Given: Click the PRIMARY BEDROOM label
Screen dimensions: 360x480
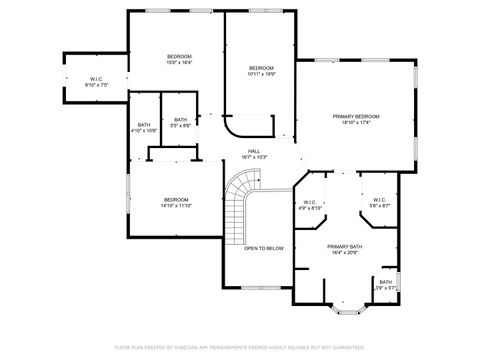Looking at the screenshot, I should (356, 117).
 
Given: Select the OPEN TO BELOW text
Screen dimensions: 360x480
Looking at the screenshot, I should (265, 248).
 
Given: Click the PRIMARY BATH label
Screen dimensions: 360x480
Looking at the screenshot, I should (345, 246).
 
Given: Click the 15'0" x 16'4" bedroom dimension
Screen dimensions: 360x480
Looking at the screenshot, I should (179, 62).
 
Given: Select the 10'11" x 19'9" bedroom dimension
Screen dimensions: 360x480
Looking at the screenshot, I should (261, 73).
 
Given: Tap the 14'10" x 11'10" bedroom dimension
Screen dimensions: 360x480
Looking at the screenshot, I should (177, 206).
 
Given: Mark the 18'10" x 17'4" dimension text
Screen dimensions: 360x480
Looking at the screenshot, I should (356, 123).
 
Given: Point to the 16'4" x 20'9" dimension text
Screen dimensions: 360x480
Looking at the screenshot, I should (345, 252).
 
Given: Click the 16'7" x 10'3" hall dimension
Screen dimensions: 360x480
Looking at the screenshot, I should (255, 158).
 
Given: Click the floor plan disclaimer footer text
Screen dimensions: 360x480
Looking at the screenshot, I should (240, 347).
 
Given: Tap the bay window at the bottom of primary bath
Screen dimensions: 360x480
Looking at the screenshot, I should (345, 309).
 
